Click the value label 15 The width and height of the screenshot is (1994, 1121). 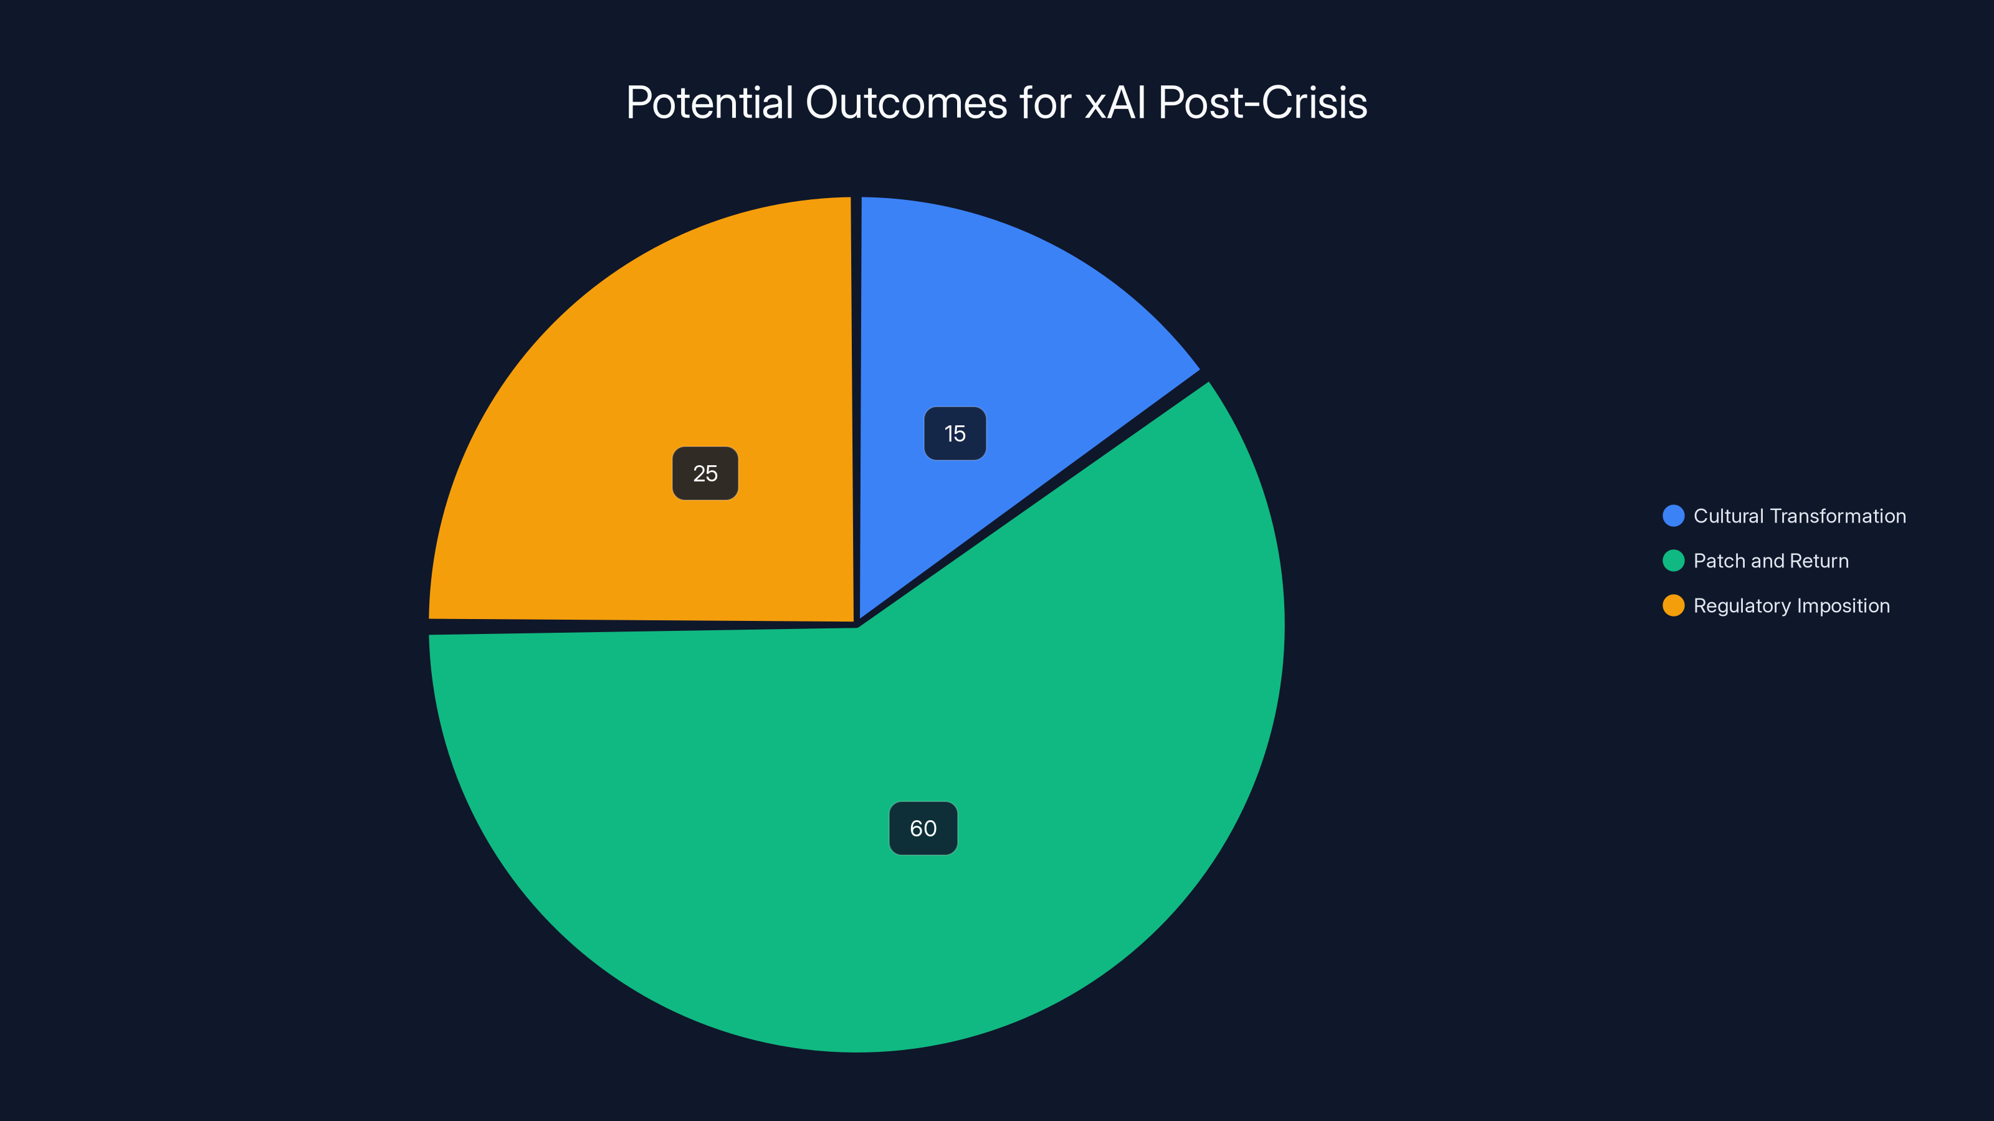(x=955, y=433)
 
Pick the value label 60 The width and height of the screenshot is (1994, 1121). (x=923, y=828)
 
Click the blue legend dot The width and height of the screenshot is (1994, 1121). (x=1672, y=516)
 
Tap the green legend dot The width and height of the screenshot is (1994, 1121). (x=1672, y=561)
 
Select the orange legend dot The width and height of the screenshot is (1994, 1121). (x=1672, y=606)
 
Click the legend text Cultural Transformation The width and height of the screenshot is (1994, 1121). (x=1799, y=516)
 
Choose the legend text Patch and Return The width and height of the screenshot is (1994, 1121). (x=1770, y=561)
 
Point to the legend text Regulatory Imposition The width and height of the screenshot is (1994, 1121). (x=1791, y=606)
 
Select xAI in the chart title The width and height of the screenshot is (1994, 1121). (x=1115, y=102)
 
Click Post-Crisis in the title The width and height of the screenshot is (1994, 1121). (x=1262, y=102)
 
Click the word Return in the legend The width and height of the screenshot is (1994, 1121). (x=1819, y=561)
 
